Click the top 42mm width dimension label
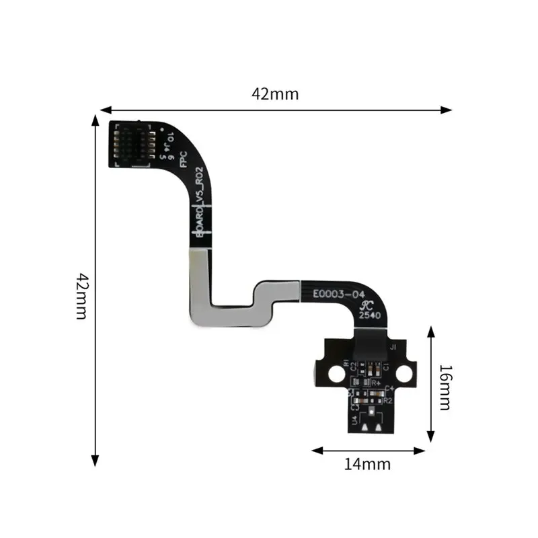click(x=275, y=94)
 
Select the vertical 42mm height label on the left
click(x=82, y=296)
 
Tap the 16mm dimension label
click(x=445, y=387)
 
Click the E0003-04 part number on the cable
click(x=339, y=294)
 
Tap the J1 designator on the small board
click(x=393, y=347)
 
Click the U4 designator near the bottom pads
click(x=354, y=420)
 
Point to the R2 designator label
click(x=388, y=399)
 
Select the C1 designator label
click(x=387, y=367)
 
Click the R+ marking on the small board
click(x=377, y=383)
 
